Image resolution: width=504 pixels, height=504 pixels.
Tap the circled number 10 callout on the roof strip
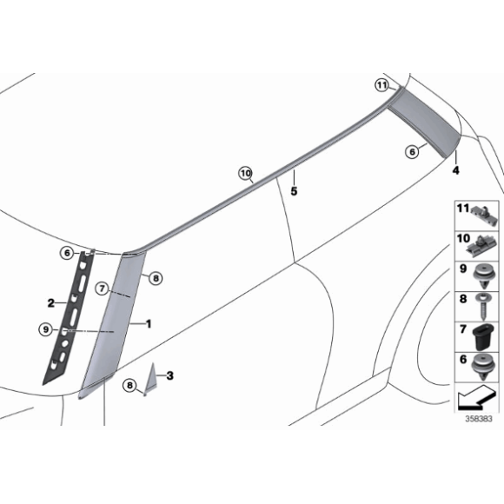(x=246, y=174)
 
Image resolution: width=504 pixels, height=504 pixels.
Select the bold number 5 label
(x=294, y=190)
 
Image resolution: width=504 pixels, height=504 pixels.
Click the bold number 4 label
(x=454, y=171)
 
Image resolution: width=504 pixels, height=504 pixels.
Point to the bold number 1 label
(x=149, y=323)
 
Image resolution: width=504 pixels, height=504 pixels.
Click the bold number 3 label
(x=170, y=375)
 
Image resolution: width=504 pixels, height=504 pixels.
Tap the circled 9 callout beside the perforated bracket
(x=45, y=328)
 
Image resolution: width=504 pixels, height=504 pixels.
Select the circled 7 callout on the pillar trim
(x=102, y=287)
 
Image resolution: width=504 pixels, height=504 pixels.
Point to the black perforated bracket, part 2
(x=70, y=313)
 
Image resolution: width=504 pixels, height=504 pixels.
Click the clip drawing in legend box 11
(x=482, y=212)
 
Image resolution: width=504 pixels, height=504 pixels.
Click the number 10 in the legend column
(x=462, y=238)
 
